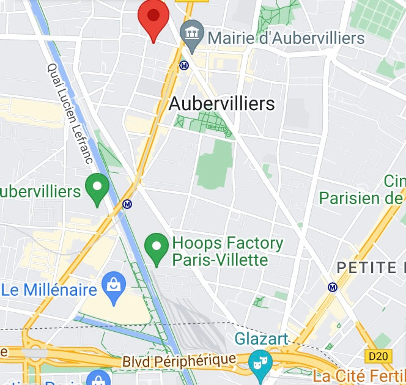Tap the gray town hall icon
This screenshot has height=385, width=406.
click(193, 34)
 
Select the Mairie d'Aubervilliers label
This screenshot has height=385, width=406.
click(286, 38)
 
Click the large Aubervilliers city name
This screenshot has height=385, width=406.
click(221, 104)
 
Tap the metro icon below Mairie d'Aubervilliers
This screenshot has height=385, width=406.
click(183, 65)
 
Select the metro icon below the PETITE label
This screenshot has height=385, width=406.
click(333, 287)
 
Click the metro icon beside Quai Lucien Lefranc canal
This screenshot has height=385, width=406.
click(127, 204)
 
